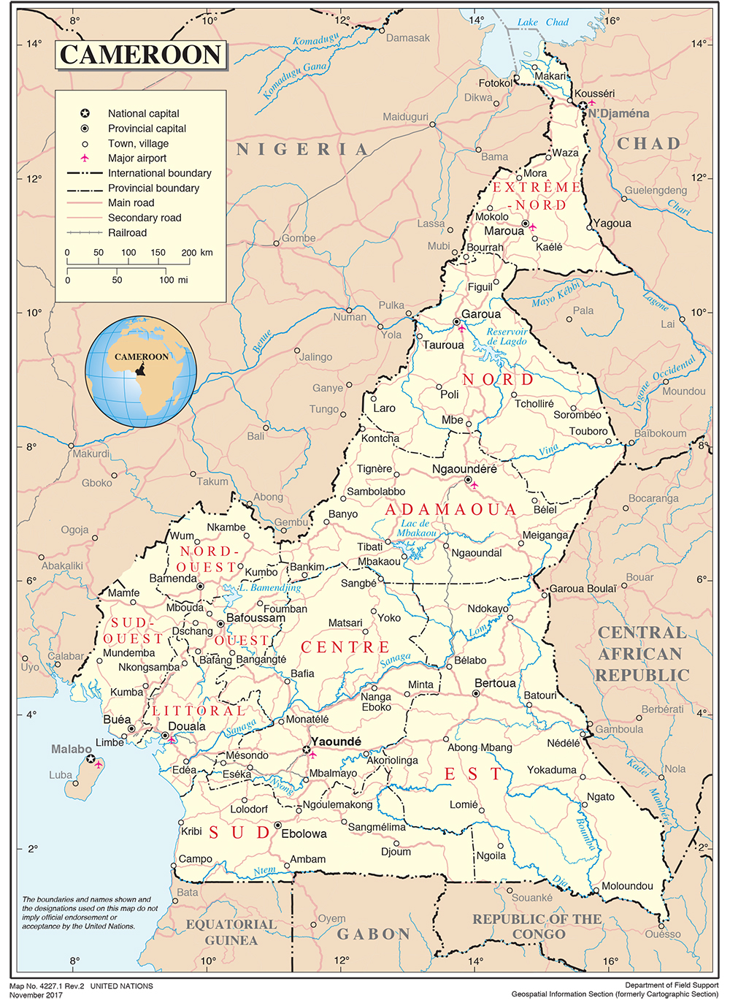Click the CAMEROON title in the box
[x=140, y=55]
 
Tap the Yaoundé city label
[x=336, y=741]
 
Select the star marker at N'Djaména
[x=583, y=106]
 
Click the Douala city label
[x=187, y=726]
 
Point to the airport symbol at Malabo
[x=99, y=764]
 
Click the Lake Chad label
[x=542, y=22]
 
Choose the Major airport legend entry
[x=137, y=158]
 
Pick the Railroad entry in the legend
[x=127, y=232]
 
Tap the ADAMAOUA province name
[x=450, y=509]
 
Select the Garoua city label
[x=481, y=314]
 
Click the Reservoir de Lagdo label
[x=507, y=336]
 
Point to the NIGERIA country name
[x=302, y=150]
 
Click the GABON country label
[x=373, y=934]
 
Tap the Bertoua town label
[x=495, y=683]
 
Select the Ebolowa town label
[x=304, y=834]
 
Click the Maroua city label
[x=504, y=231]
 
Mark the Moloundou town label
[x=627, y=885]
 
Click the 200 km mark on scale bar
[x=189, y=253]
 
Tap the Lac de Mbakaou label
[x=416, y=528]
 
